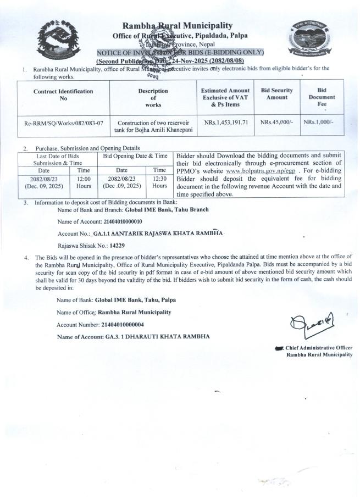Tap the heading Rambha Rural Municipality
tap(177, 26)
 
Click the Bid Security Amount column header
tap(277, 94)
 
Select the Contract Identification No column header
tap(63, 95)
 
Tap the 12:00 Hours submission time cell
tap(84, 182)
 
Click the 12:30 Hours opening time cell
tap(159, 182)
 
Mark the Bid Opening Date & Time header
tap(135, 156)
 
